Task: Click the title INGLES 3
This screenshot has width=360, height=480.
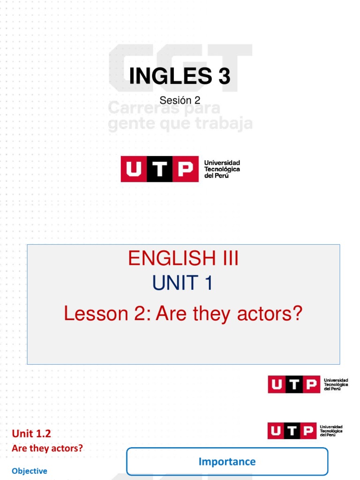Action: (x=180, y=76)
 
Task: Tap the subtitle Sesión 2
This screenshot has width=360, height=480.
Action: (x=180, y=100)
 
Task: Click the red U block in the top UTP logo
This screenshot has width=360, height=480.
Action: (x=134, y=169)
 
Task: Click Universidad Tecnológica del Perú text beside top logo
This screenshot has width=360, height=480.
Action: (x=222, y=169)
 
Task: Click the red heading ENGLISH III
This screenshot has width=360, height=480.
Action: (x=183, y=258)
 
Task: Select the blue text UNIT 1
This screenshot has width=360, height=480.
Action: (x=182, y=283)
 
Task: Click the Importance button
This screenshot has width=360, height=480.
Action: (x=227, y=462)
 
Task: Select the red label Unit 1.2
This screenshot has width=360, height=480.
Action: (x=31, y=434)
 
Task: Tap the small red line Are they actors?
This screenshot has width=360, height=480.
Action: (x=47, y=448)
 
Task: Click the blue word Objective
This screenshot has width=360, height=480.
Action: (x=30, y=471)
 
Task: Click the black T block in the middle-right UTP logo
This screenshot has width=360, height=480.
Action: (x=293, y=384)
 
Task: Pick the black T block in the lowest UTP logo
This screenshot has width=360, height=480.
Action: (x=292, y=431)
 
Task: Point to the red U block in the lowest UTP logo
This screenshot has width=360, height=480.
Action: (x=277, y=431)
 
